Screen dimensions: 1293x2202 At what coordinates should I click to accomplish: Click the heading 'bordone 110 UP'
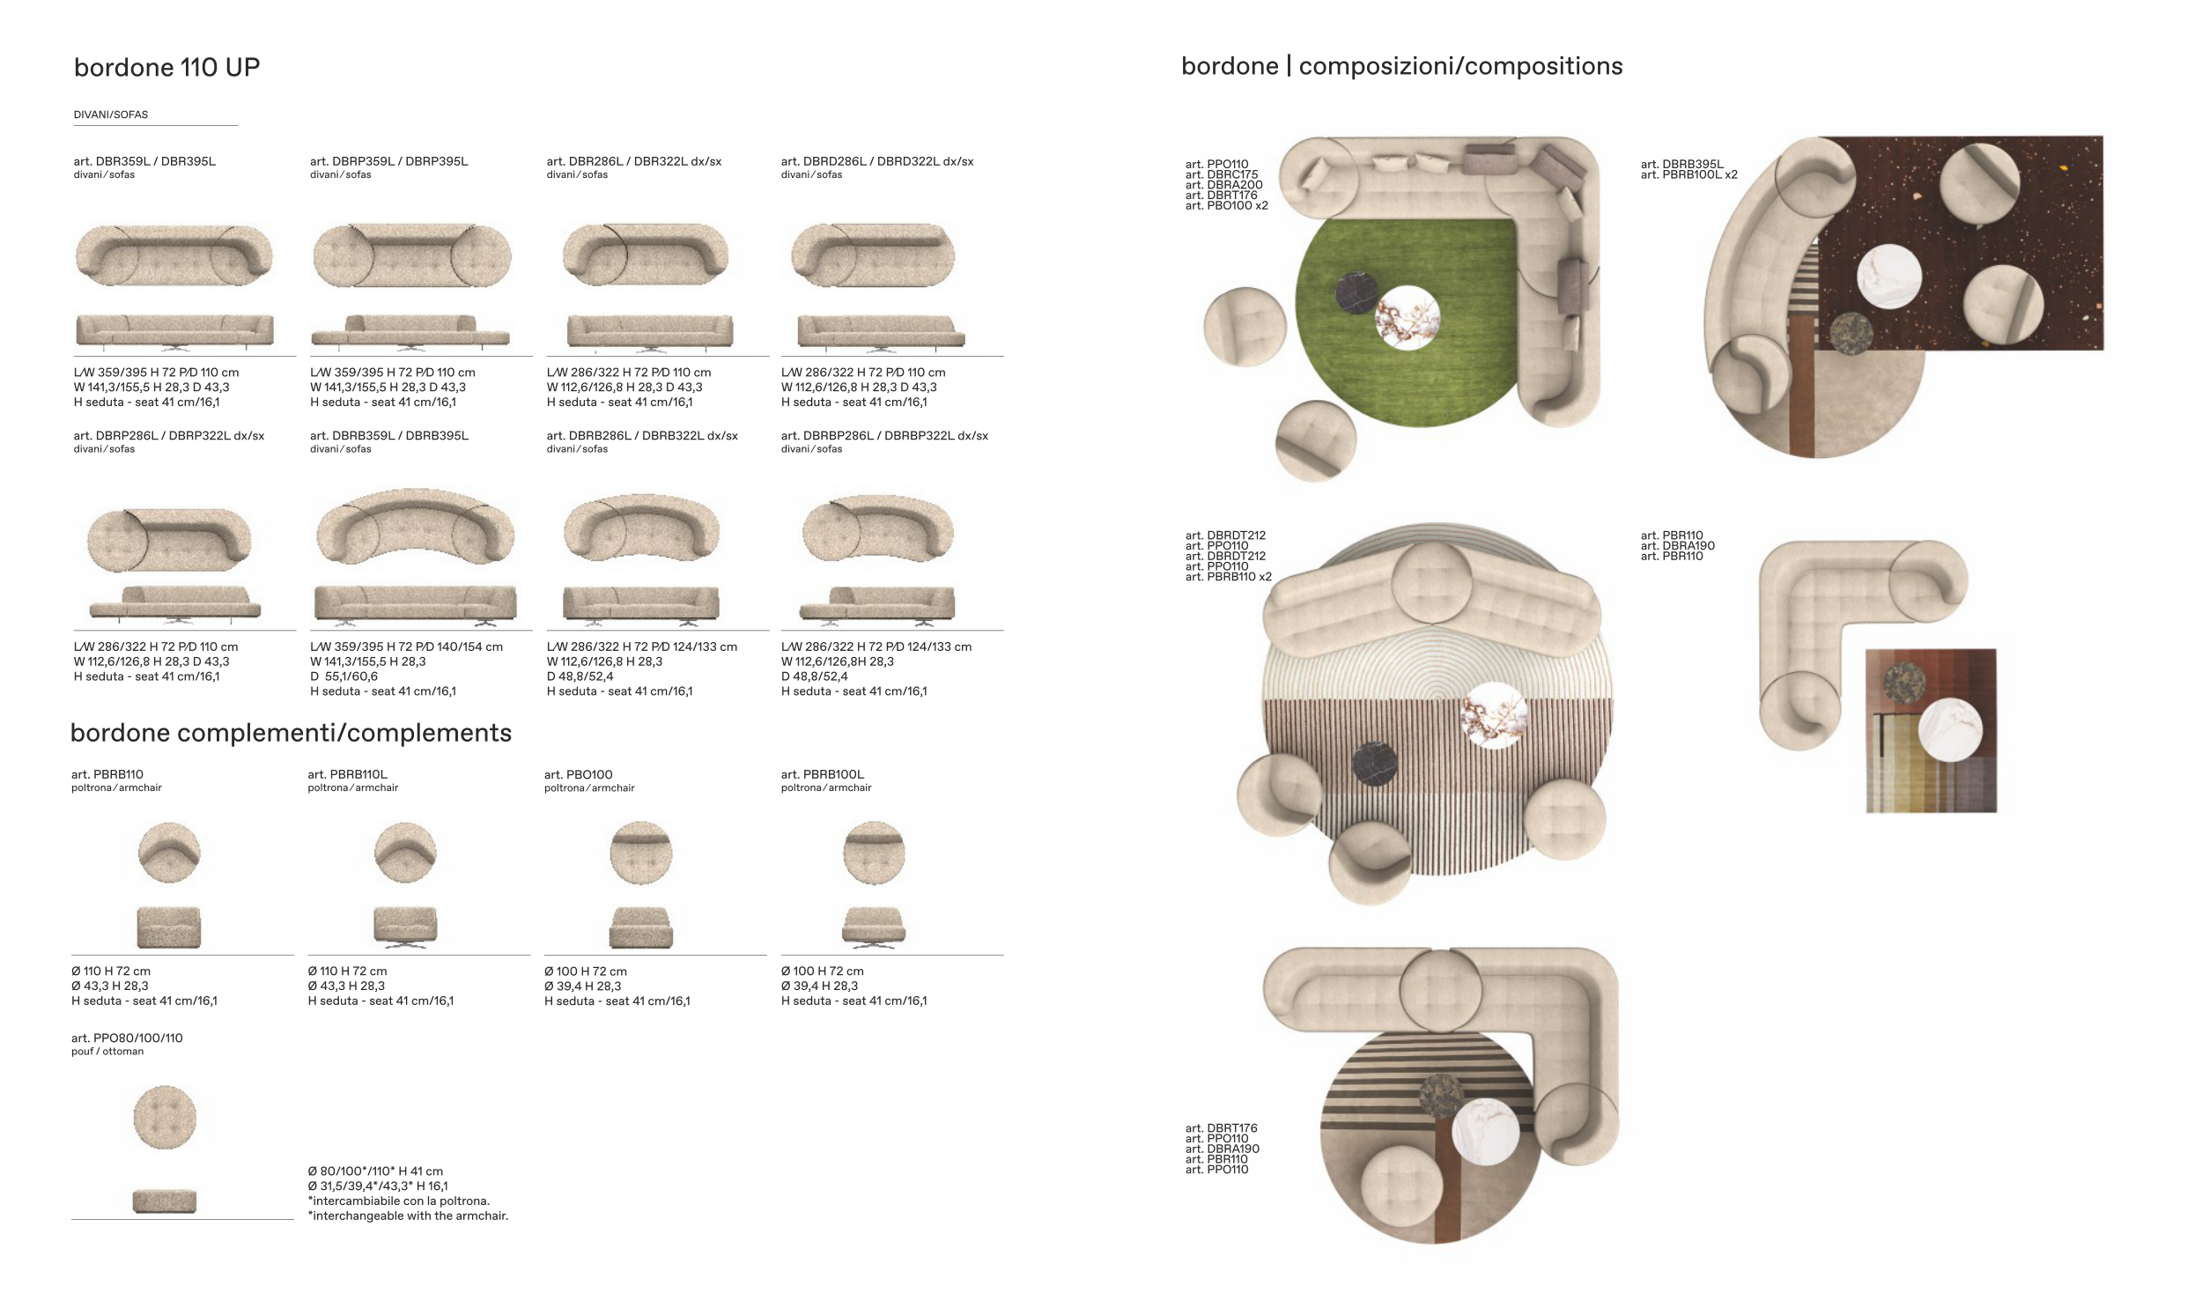[x=166, y=68]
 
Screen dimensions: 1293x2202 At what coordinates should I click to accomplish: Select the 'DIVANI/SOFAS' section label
[x=111, y=115]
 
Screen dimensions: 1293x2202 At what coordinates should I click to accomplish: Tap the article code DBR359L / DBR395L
[x=144, y=161]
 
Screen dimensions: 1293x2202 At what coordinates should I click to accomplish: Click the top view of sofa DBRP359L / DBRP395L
[x=411, y=255]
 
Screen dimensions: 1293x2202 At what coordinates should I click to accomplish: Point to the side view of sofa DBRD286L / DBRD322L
[x=881, y=331]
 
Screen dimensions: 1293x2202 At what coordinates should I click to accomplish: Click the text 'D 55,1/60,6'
[x=344, y=676]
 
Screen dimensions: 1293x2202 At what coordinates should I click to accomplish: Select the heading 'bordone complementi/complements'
[x=291, y=733]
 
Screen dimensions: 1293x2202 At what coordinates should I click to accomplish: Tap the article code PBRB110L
[x=347, y=774]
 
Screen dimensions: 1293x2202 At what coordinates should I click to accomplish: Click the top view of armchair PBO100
[x=641, y=853]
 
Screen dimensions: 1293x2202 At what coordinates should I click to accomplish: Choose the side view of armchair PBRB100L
[x=874, y=927]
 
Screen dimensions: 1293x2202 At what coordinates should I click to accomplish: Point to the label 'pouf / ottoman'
[x=107, y=1052]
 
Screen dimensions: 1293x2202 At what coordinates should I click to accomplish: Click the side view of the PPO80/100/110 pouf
[x=165, y=1201]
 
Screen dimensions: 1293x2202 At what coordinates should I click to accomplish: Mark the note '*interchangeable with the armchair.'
[x=408, y=1216]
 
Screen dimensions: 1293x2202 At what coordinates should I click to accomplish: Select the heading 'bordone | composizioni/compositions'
[x=1401, y=66]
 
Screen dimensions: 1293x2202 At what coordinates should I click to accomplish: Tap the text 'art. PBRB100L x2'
[x=1688, y=175]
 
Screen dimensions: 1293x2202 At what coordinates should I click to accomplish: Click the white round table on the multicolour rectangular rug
[x=1949, y=728]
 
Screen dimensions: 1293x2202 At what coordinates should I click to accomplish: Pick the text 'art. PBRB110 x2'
[x=1229, y=577]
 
